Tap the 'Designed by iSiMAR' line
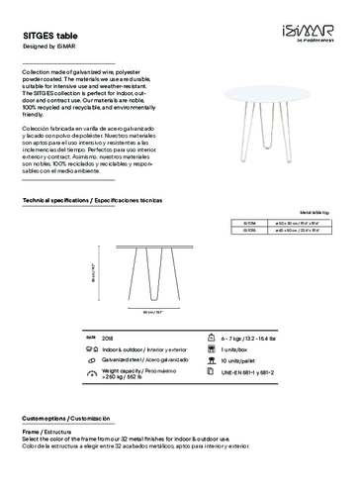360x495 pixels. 47,44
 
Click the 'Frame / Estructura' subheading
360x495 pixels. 47,433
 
